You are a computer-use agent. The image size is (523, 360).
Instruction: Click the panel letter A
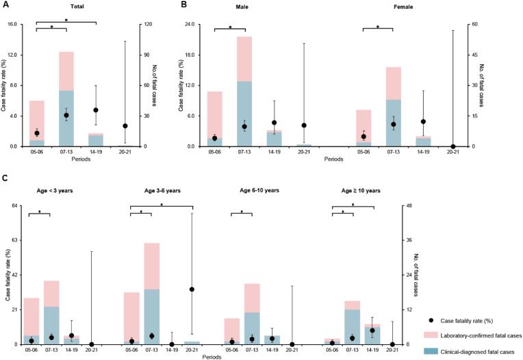5,5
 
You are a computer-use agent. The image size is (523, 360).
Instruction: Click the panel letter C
5,179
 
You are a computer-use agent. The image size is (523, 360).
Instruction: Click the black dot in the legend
427,320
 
